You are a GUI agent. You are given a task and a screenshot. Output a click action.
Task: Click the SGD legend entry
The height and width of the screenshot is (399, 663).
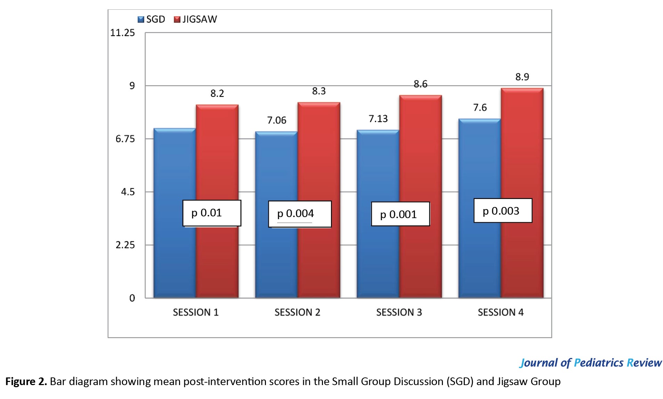pyautogui.click(x=151, y=19)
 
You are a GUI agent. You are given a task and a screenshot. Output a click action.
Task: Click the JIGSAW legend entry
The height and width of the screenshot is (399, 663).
pyautogui.click(x=195, y=19)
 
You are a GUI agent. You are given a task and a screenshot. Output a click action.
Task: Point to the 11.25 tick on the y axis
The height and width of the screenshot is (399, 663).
pyautogui.click(x=122, y=33)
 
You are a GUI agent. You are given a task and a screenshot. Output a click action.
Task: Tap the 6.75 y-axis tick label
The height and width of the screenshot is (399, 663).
pyautogui.click(x=125, y=139)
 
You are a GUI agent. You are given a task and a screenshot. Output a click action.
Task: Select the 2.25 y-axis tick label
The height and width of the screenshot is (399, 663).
pyautogui.click(x=125, y=245)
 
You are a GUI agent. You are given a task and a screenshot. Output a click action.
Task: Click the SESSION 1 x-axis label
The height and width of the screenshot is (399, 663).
pyautogui.click(x=196, y=312)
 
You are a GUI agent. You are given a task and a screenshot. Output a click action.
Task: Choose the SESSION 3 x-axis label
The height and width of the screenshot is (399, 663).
pyautogui.click(x=399, y=312)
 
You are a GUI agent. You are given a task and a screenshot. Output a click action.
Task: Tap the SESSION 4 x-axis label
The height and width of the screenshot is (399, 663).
pyautogui.click(x=500, y=312)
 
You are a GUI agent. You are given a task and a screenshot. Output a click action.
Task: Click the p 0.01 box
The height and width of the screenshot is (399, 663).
pyautogui.click(x=212, y=213)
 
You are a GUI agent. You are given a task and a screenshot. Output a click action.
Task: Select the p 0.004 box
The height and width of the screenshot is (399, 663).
pyautogui.click(x=300, y=214)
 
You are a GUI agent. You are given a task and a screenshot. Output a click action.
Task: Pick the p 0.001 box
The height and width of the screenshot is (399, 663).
pyautogui.click(x=400, y=214)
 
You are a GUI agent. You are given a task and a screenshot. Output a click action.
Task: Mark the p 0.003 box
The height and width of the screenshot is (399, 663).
pyautogui.click(x=503, y=211)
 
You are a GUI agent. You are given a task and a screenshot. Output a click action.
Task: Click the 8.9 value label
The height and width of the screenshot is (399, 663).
pyautogui.click(x=522, y=77)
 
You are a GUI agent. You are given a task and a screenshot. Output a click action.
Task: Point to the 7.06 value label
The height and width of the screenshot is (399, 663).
pyautogui.click(x=276, y=120)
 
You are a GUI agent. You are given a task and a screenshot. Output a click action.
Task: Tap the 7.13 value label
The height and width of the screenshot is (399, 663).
pyautogui.click(x=378, y=119)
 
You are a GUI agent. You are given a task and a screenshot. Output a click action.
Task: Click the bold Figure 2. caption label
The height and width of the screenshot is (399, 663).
pyautogui.click(x=26, y=382)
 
